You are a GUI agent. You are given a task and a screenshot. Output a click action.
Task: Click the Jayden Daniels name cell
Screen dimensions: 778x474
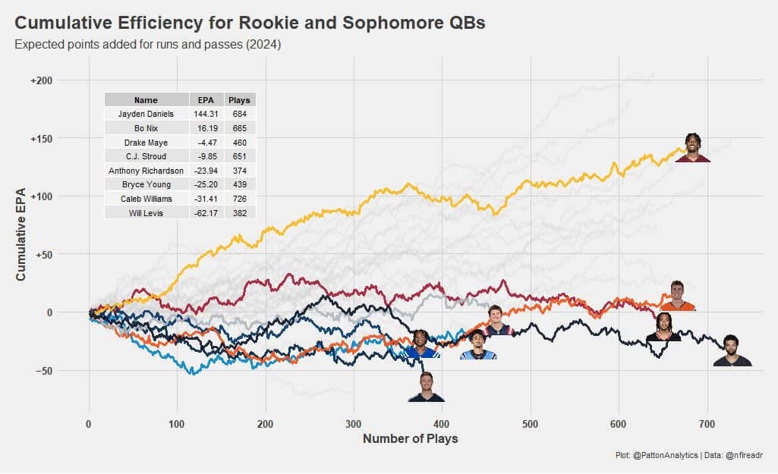pyautogui.click(x=146, y=114)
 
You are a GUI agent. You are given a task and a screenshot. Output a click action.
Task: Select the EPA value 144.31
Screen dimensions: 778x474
pyautogui.click(x=206, y=114)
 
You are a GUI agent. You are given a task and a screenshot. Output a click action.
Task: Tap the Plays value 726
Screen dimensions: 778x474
pyautogui.click(x=240, y=199)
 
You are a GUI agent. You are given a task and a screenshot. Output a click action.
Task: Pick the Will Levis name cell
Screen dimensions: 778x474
pyautogui.click(x=146, y=213)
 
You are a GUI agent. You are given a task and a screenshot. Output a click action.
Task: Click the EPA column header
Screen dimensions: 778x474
pyautogui.click(x=206, y=100)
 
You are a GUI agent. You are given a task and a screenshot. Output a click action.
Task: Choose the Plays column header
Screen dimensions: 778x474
pyautogui.click(x=240, y=100)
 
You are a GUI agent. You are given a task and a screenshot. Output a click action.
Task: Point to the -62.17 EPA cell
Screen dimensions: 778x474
pyautogui.click(x=206, y=213)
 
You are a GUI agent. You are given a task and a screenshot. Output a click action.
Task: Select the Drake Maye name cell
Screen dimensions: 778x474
pyautogui.click(x=146, y=143)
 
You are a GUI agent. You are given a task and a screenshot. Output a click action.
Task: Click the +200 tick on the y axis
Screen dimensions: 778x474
pyautogui.click(x=41, y=81)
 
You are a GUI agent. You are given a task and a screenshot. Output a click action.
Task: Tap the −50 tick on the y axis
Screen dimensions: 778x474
pyautogui.click(x=44, y=372)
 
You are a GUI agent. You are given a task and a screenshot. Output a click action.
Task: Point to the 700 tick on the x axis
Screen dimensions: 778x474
pyautogui.click(x=707, y=425)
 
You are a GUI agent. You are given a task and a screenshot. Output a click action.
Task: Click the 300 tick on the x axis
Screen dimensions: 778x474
pyautogui.click(x=354, y=425)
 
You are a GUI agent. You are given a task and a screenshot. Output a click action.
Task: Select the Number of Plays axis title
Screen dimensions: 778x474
pyautogui.click(x=411, y=439)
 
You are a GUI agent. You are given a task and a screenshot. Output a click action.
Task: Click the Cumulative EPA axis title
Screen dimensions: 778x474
pyautogui.click(x=20, y=234)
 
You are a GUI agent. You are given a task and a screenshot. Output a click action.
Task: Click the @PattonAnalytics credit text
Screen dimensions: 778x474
pyautogui.click(x=666, y=455)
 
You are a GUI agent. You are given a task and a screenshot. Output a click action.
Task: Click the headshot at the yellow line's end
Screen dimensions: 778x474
pyautogui.click(x=693, y=148)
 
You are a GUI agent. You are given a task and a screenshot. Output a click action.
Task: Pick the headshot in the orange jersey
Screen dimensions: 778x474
pyautogui.click(x=678, y=296)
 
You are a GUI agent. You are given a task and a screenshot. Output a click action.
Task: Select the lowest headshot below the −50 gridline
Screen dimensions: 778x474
pyautogui.click(x=427, y=387)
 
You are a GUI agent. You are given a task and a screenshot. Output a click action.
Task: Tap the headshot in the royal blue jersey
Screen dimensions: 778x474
pyautogui.click(x=421, y=344)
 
